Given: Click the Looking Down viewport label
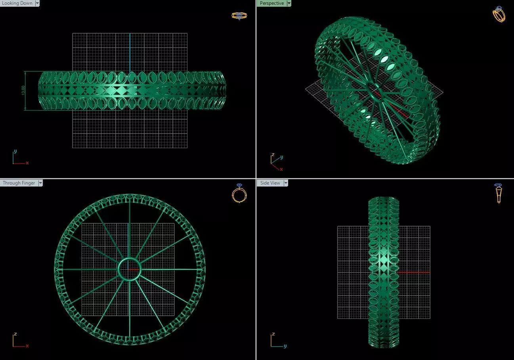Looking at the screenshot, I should pyautogui.click(x=17, y=3).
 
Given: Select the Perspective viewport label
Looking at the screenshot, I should pyautogui.click(x=271, y=3).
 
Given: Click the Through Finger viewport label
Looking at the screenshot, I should pyautogui.click(x=19, y=183).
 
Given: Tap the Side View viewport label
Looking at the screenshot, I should pyautogui.click(x=270, y=183).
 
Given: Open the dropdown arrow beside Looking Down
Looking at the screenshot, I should pyautogui.click(x=37, y=3).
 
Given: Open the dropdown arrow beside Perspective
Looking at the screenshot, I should pyautogui.click(x=289, y=3).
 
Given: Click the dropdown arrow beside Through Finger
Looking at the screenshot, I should pyautogui.click(x=40, y=183).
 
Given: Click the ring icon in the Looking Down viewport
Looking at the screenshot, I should pyautogui.click(x=239, y=15).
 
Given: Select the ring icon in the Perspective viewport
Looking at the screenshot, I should pyautogui.click(x=499, y=14).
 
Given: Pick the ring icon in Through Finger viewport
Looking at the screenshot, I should pyautogui.click(x=239, y=193).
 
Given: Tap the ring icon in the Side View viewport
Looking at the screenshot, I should pyautogui.click(x=498, y=193).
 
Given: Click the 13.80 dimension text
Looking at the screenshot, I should pyautogui.click(x=23, y=91).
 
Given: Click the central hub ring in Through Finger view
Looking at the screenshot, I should pyautogui.click(x=129, y=269).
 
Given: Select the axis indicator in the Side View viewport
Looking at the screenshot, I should pyautogui.click(x=277, y=341).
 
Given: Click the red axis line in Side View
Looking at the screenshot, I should pyautogui.click(x=414, y=272).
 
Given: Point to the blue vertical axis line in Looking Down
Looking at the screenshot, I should pyautogui.click(x=130, y=51).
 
